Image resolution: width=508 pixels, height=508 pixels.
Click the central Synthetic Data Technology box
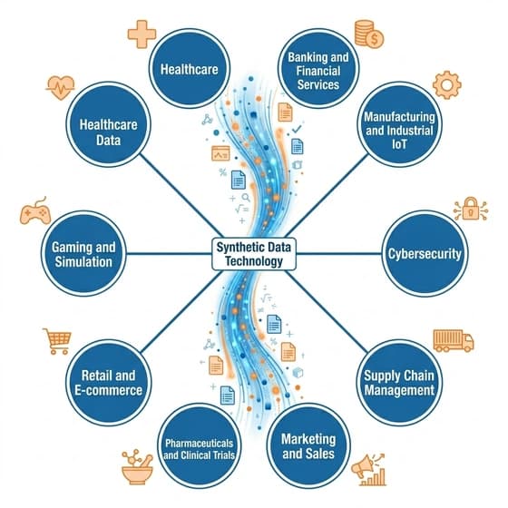click(x=254, y=254)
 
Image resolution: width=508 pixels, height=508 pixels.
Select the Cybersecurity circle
click(x=425, y=254)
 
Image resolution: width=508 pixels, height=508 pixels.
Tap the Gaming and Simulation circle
click(x=83, y=254)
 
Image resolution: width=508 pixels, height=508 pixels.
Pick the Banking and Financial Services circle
click(x=318, y=68)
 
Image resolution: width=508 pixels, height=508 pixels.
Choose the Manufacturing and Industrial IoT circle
click(x=399, y=124)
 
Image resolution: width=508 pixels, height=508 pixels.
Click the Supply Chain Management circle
click(x=399, y=383)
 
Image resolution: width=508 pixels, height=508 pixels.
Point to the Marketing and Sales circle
click(x=308, y=445)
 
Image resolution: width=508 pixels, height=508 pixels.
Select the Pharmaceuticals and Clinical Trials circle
click(x=200, y=445)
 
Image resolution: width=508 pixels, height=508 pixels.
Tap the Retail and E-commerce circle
click(x=109, y=383)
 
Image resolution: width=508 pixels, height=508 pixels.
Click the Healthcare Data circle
click(x=109, y=124)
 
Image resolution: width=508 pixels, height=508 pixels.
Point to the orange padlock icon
click(x=471, y=209)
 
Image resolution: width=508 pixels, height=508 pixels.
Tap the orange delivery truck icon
click(x=454, y=341)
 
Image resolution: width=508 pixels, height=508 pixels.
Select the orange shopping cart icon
click(x=57, y=341)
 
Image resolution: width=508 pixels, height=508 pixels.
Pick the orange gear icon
click(x=446, y=85)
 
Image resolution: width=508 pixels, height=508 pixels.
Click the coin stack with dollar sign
click(x=368, y=34)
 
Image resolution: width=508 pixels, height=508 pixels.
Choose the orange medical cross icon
click(x=142, y=34)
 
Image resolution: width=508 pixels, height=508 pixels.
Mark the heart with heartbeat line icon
click(x=60, y=87)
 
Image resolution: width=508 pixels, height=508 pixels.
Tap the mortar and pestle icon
click(x=137, y=466)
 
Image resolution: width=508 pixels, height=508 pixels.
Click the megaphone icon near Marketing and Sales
click(x=368, y=469)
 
